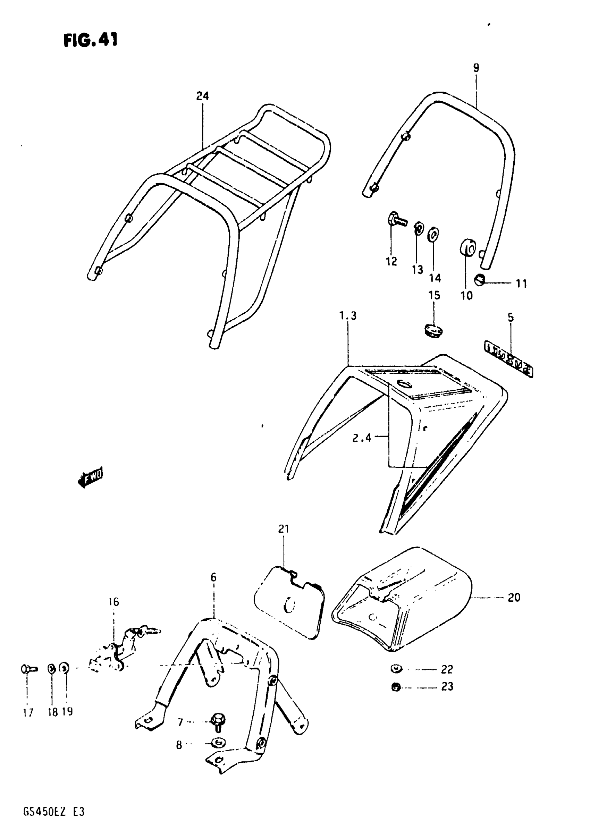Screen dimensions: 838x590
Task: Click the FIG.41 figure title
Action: [91, 40]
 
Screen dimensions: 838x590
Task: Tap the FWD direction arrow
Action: [91, 476]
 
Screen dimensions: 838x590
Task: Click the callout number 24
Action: [202, 96]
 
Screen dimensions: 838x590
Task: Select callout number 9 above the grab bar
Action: [476, 68]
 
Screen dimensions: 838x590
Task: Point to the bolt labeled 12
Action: [395, 219]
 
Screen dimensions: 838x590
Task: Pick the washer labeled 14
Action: [433, 234]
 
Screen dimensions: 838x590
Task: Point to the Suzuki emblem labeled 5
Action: [508, 359]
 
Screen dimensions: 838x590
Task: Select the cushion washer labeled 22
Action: [395, 669]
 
